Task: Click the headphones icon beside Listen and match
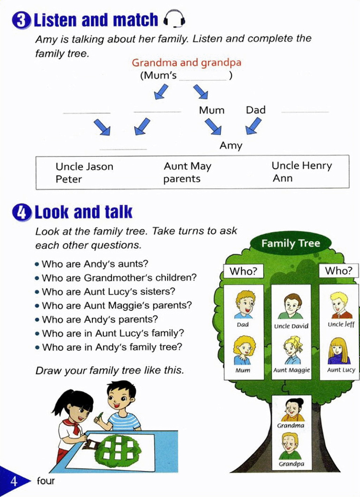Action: [174, 19]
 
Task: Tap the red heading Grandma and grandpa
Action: [186, 63]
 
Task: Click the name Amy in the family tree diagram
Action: [231, 145]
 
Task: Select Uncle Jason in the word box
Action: [84, 166]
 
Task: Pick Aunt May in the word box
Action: [187, 166]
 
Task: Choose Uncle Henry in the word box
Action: [302, 166]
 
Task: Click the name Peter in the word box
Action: [69, 179]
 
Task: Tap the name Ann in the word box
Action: [283, 178]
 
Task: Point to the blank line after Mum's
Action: [203, 78]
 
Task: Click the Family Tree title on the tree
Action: [290, 243]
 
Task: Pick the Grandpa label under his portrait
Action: [291, 464]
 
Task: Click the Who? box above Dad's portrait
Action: [243, 271]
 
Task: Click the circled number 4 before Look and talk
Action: [22, 212]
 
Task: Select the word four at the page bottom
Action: [46, 480]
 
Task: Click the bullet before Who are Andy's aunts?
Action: [37, 264]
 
